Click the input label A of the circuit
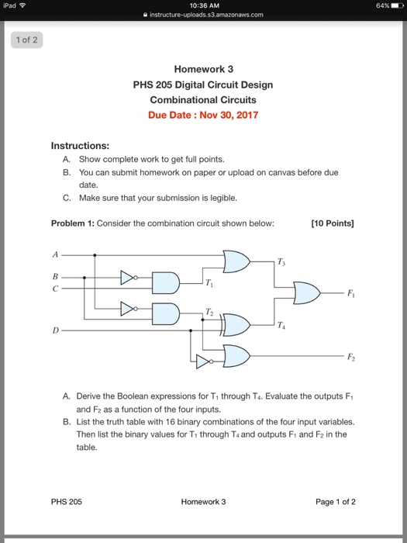[x=55, y=254]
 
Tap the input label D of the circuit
[x=55, y=330]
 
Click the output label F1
[x=350, y=293]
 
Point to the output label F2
[x=350, y=356]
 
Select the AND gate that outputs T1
[x=165, y=282]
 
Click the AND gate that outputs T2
[x=165, y=313]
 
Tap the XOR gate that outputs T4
[x=236, y=324]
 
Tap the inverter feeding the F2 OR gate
[x=203, y=361]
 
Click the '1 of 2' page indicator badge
[x=25, y=40]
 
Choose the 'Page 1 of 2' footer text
[x=335, y=501]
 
